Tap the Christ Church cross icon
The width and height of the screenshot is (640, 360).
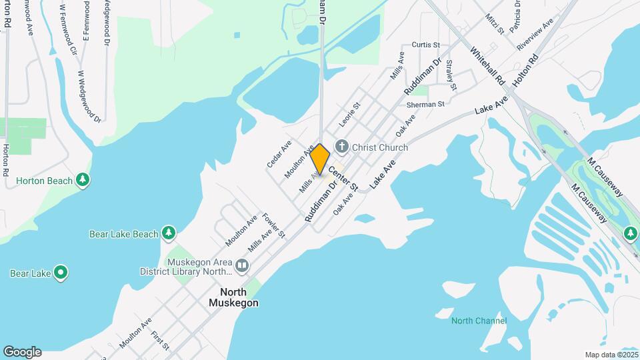tap(342, 146)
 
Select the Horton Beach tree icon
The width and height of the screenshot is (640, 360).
tap(83, 180)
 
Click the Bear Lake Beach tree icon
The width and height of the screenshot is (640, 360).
tap(169, 233)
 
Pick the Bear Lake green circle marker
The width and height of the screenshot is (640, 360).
tap(61, 273)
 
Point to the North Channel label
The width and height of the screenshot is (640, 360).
tap(479, 321)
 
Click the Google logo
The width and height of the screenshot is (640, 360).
tap(22, 351)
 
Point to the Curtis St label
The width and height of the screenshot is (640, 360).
tap(427, 45)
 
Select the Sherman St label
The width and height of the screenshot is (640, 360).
tap(425, 105)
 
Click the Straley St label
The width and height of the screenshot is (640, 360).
tap(451, 75)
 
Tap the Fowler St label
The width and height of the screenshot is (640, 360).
tap(273, 225)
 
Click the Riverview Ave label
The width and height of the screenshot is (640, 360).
tap(535, 35)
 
